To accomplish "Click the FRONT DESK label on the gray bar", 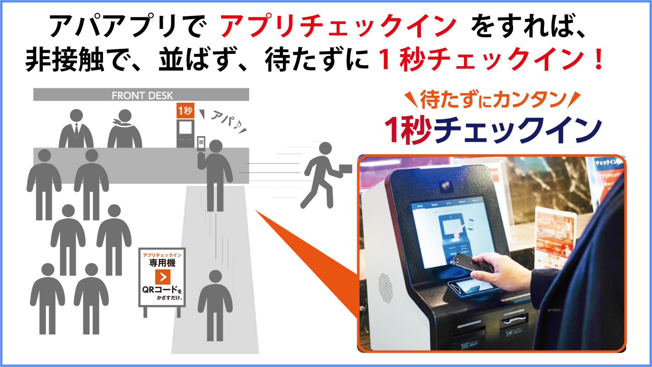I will (x=142, y=96).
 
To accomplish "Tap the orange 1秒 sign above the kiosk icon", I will (x=185, y=111).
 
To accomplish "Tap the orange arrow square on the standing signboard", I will (x=162, y=277).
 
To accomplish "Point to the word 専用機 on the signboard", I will (x=162, y=263).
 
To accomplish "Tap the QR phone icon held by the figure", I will (x=201, y=143).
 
